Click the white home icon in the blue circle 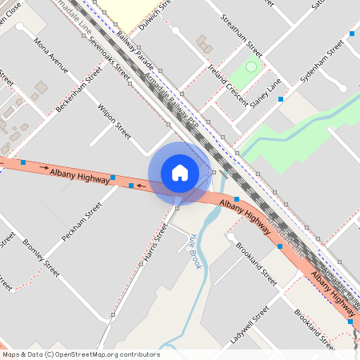[x=180, y=173]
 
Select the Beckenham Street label [x=79, y=89]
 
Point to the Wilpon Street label [x=114, y=120]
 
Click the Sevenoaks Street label [x=109, y=58]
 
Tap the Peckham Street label [x=82, y=223]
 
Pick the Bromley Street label [x=41, y=258]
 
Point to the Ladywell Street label [x=244, y=325]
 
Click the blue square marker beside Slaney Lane [x=280, y=99]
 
